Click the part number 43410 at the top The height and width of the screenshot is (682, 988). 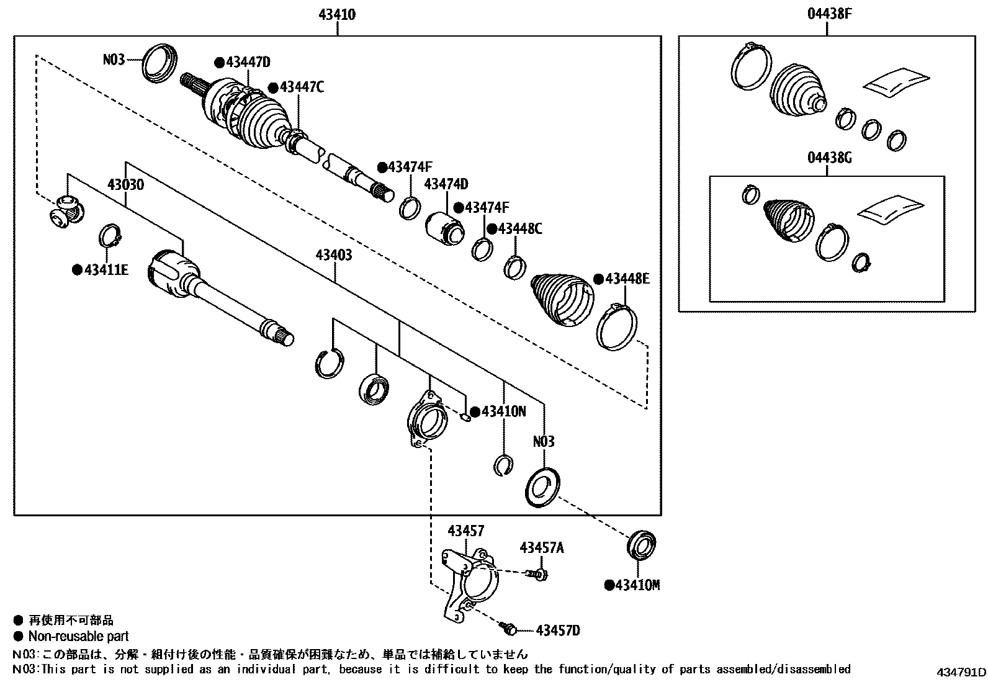click(x=337, y=14)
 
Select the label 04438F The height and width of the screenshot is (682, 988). click(x=829, y=14)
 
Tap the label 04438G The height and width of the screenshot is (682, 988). click(x=829, y=158)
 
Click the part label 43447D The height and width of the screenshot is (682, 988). click(x=248, y=62)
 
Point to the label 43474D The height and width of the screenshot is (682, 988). click(x=446, y=184)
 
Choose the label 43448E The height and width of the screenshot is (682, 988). click(x=627, y=279)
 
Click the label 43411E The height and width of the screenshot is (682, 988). click(x=106, y=270)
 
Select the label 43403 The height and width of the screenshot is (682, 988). click(x=334, y=255)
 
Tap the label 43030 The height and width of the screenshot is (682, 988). click(x=125, y=185)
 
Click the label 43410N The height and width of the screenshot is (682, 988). click(x=503, y=411)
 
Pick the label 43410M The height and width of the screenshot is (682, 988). click(x=637, y=585)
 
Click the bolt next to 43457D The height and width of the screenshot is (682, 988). click(x=509, y=629)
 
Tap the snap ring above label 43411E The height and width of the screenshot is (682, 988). click(x=110, y=237)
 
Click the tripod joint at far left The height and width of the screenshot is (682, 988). click(x=66, y=209)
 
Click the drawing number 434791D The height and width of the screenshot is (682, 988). click(x=961, y=673)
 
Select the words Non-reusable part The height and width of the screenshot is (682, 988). click(x=78, y=636)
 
